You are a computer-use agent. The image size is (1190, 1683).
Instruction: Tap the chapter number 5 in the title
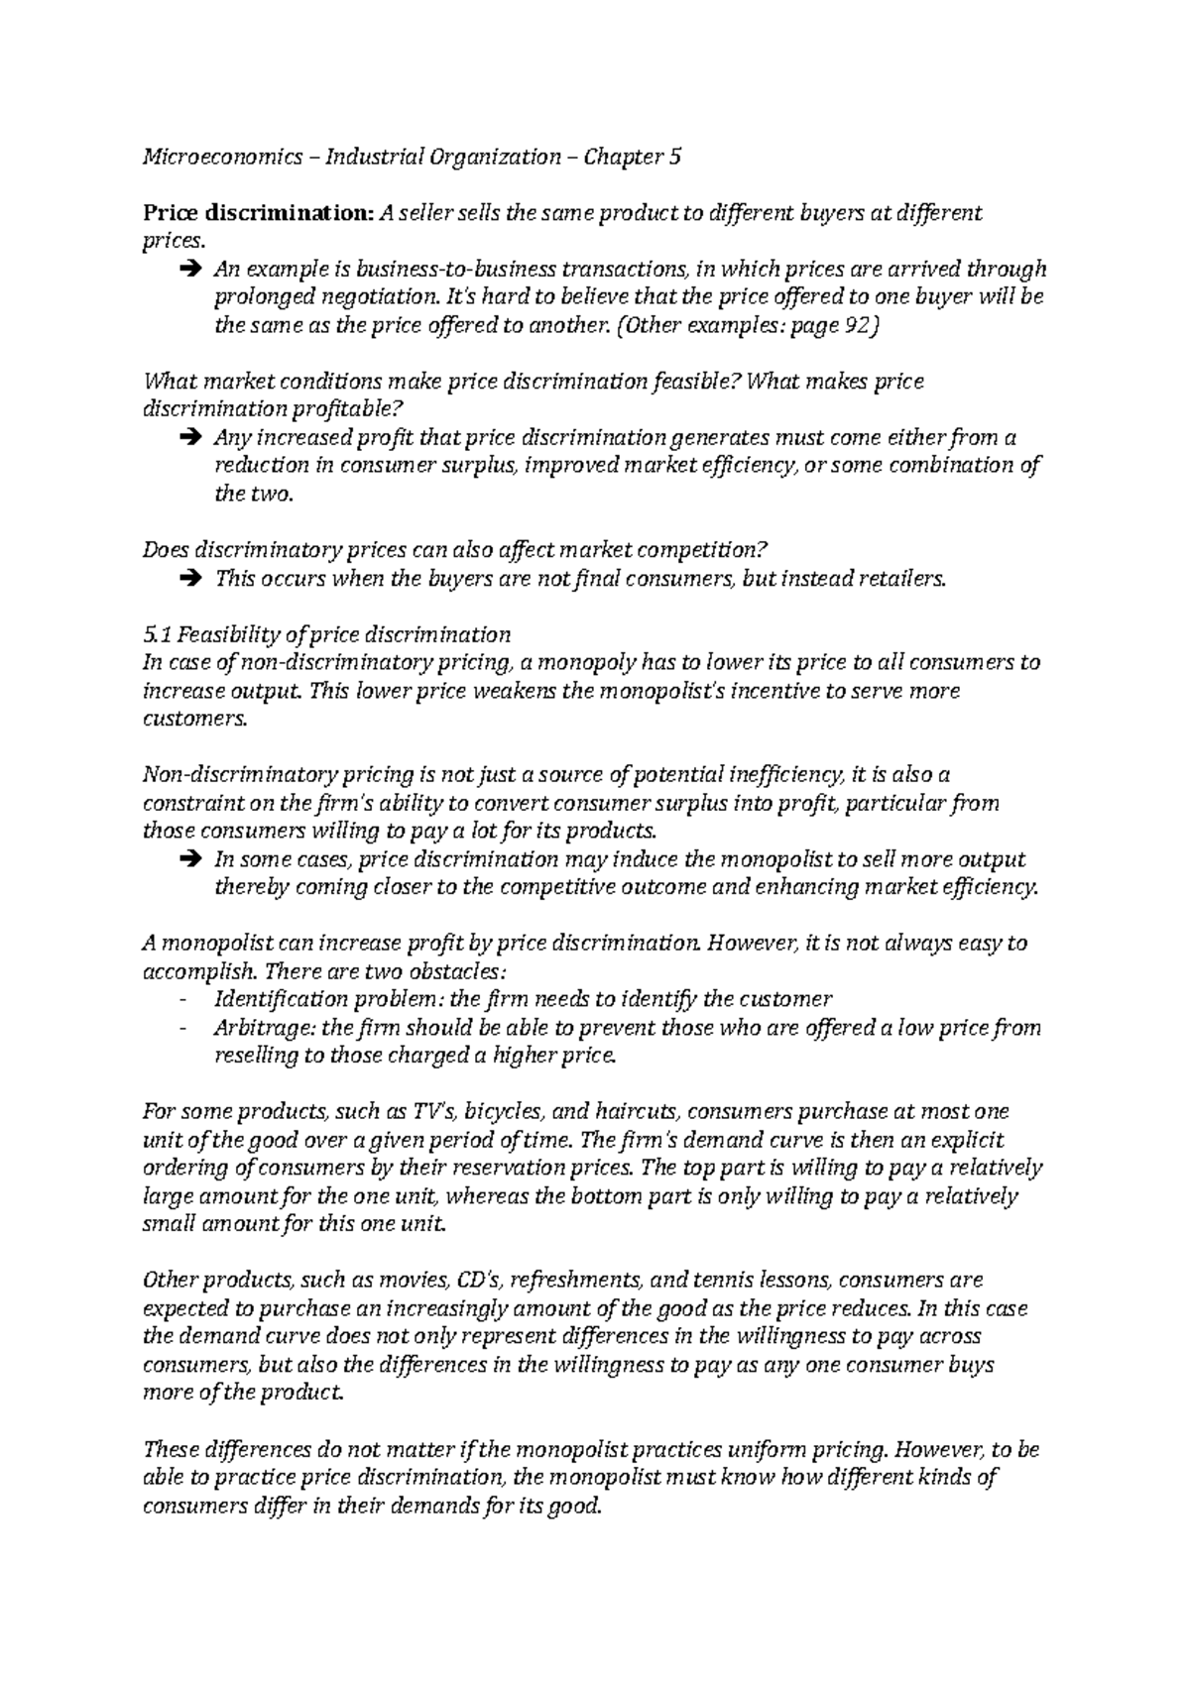click(x=675, y=157)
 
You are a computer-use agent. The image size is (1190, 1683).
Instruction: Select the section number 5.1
click(x=157, y=634)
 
